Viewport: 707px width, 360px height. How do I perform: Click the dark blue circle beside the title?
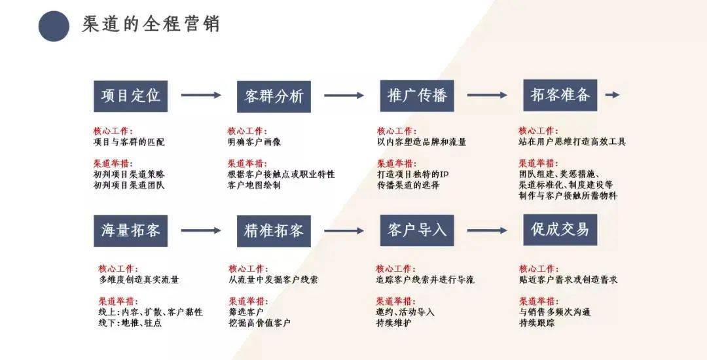tap(54, 26)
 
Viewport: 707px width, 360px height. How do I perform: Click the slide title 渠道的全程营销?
tap(151, 24)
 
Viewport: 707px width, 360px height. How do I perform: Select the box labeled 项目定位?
tap(131, 96)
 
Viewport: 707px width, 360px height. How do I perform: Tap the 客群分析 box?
tap(274, 96)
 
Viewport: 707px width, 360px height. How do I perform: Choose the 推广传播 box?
tap(417, 96)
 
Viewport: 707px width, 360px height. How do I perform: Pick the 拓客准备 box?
tap(560, 95)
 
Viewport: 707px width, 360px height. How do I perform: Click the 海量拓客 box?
tap(131, 230)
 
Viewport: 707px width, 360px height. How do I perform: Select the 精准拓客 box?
tap(274, 231)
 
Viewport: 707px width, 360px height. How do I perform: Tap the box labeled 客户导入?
tap(417, 230)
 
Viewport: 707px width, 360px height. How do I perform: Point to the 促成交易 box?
tap(560, 230)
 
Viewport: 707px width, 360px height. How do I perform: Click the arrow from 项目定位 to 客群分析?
tap(201, 95)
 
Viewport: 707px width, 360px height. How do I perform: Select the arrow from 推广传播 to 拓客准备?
tap(487, 95)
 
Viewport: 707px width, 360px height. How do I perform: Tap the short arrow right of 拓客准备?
tap(612, 95)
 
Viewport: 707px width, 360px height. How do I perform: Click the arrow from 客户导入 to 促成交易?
tap(487, 230)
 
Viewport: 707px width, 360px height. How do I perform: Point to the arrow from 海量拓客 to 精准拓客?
tap(201, 230)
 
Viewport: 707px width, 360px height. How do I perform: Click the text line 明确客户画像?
tap(254, 142)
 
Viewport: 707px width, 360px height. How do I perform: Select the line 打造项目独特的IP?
tap(413, 174)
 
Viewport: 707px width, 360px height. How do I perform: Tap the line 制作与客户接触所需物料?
tap(568, 196)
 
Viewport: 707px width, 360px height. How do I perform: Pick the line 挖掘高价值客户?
tap(259, 323)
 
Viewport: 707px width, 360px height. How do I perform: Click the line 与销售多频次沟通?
tap(554, 312)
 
